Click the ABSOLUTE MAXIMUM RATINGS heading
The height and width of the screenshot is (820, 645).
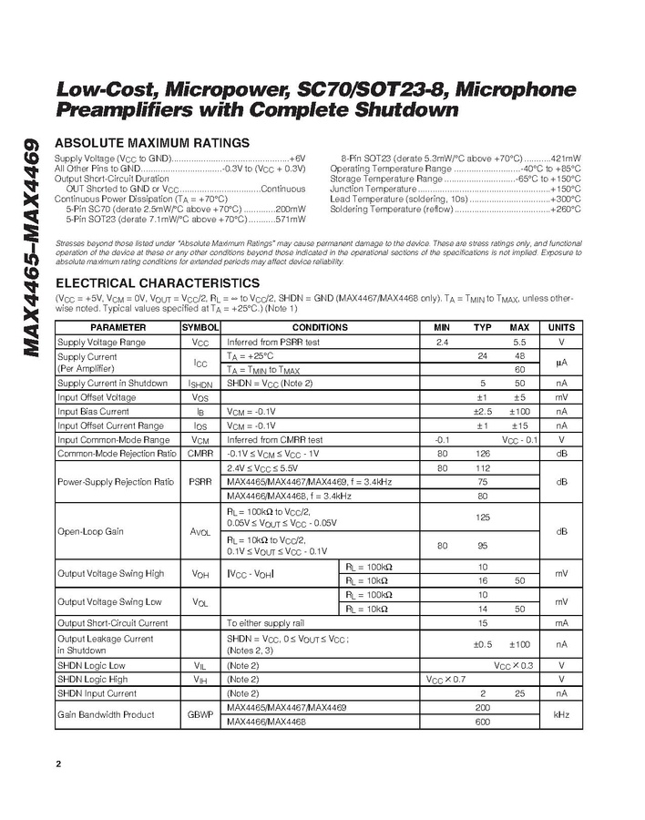(152, 143)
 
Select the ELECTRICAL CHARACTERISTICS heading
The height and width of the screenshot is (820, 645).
(158, 283)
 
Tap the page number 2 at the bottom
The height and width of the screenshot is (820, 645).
(59, 764)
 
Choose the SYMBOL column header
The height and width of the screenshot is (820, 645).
(200, 327)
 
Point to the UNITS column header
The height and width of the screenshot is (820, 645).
(561, 327)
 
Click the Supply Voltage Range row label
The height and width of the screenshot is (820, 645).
(101, 342)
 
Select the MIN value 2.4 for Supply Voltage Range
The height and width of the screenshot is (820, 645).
(443, 342)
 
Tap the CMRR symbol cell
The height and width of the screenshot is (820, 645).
(200, 453)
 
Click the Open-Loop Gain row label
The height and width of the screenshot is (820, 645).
(90, 531)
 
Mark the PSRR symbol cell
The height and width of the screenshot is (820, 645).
(200, 481)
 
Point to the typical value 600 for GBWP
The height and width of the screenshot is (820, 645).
(483, 722)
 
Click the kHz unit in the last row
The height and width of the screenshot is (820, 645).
(561, 714)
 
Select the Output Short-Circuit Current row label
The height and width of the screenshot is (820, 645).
(113, 623)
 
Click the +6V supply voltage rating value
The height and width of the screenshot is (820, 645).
(297, 158)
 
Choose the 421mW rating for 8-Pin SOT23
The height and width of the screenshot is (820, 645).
(564, 158)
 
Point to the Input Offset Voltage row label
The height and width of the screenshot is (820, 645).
(97, 397)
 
